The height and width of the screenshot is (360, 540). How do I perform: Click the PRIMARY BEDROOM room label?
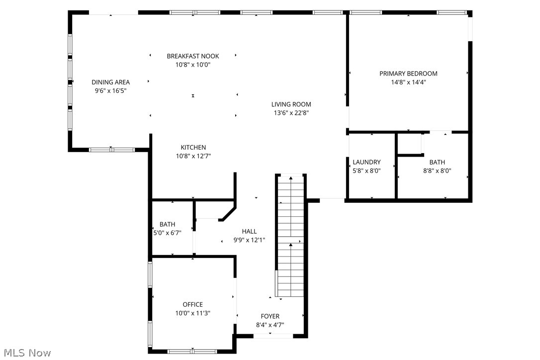coord(408,74)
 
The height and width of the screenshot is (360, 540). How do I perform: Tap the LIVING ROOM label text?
coord(291,104)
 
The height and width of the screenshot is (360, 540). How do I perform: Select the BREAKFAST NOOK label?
coord(192,56)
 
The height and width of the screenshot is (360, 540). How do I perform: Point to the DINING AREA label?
coord(110,83)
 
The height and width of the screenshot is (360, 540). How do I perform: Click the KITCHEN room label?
coord(193,148)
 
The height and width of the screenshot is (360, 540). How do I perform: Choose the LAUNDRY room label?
coord(366,162)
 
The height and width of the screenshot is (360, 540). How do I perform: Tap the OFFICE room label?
coord(192,305)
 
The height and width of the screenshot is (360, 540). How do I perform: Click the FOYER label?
coord(270,316)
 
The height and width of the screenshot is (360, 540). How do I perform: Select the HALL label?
coord(249,231)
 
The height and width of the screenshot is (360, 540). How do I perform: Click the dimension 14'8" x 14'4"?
coord(408,83)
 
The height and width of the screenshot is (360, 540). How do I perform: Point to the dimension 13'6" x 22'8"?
coord(291,113)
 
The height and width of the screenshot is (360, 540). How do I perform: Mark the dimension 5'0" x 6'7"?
coord(167,233)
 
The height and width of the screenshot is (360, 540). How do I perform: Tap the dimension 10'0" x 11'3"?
coord(192,313)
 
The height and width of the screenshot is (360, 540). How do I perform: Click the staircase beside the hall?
coord(290,236)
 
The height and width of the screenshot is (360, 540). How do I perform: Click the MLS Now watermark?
coord(26,353)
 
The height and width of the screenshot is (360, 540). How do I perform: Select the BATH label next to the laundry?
coord(437,162)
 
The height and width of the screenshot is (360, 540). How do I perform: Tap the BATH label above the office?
coord(167,225)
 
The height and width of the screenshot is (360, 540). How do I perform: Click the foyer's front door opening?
coord(272,337)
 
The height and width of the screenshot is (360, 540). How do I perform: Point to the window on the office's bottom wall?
coord(192,352)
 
